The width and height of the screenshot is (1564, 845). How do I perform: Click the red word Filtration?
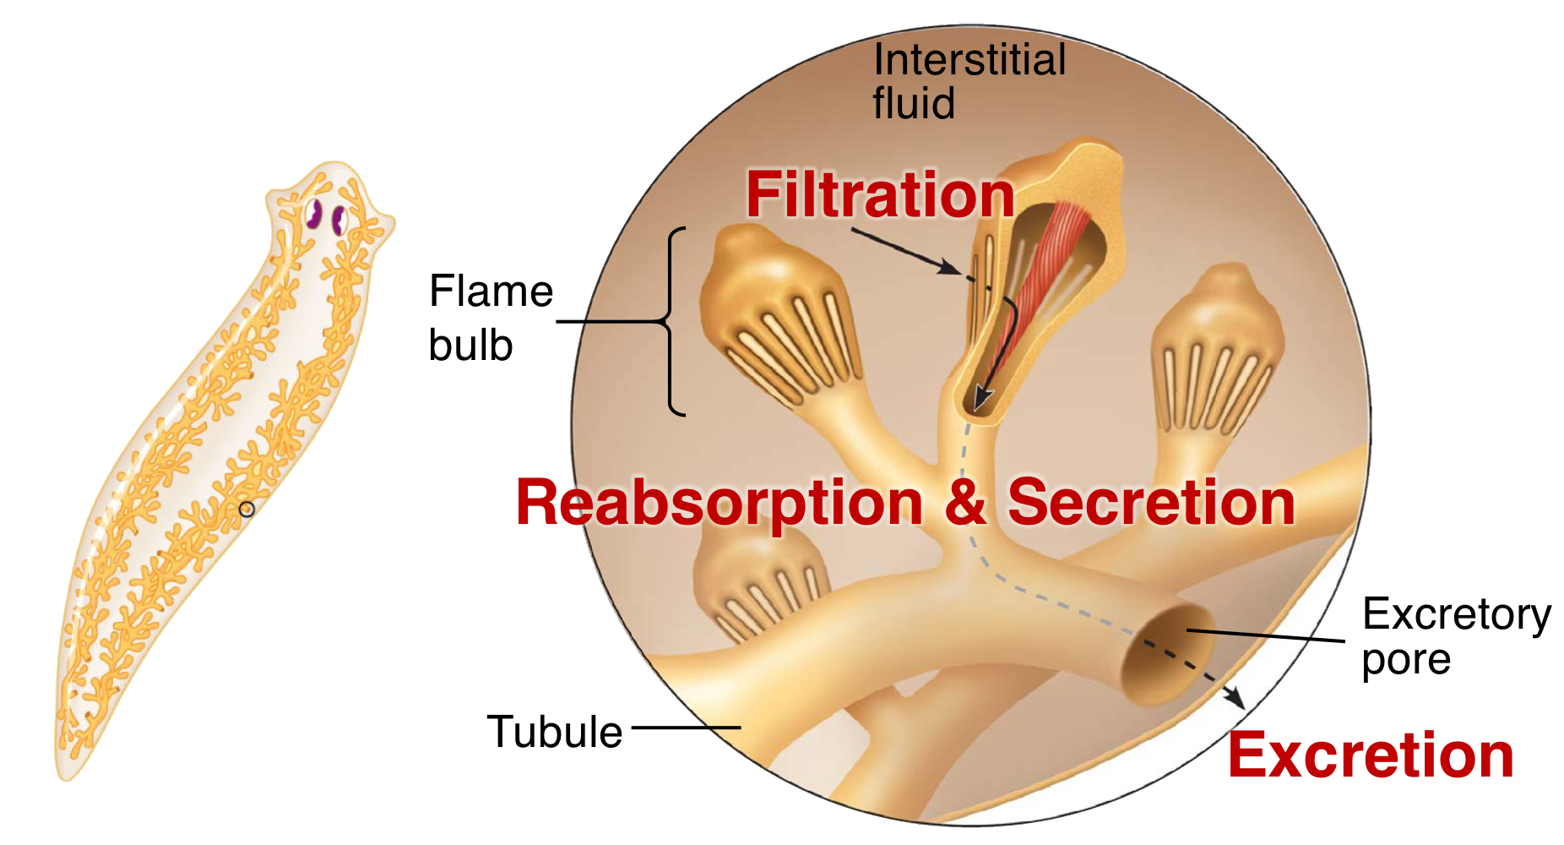coord(880,195)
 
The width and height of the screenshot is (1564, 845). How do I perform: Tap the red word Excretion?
coord(1370,755)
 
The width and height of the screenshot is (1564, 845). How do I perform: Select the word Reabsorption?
coord(720,503)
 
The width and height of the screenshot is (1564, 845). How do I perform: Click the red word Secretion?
coord(1151,503)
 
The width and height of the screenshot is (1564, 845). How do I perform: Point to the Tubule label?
coord(554,732)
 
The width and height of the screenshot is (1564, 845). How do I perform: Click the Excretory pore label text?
coord(1455,636)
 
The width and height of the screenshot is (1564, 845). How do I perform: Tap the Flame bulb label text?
coord(490,319)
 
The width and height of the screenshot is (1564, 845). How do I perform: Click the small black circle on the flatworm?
coord(247,510)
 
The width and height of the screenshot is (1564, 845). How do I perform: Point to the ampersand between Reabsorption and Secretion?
coord(965,503)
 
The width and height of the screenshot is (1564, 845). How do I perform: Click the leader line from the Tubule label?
coord(686,727)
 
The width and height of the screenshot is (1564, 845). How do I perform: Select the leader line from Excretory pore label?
coord(1267,635)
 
